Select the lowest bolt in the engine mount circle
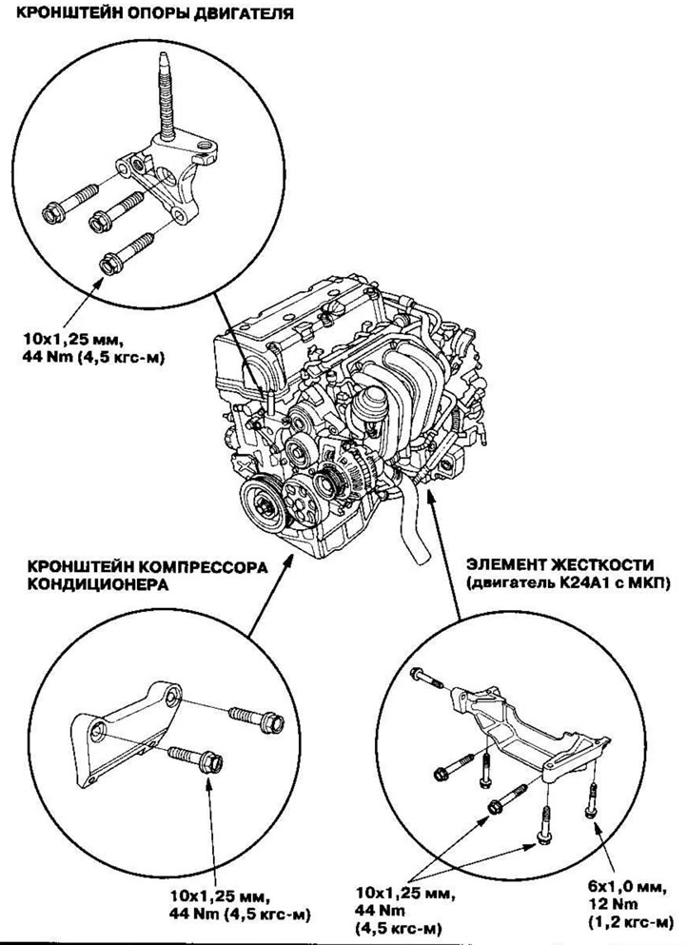coord(125,252)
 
